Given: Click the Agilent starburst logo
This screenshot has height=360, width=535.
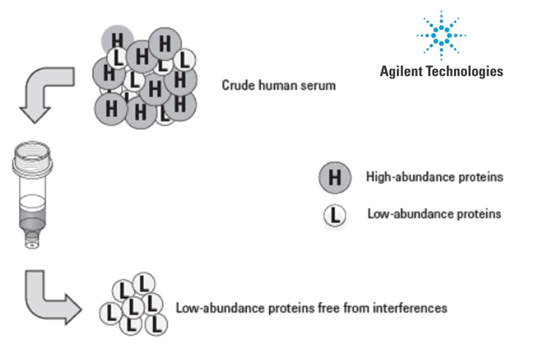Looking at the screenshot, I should click(x=441, y=35).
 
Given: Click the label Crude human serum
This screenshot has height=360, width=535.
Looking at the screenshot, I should click(x=278, y=85).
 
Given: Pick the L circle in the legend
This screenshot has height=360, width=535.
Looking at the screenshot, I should click(x=334, y=215).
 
